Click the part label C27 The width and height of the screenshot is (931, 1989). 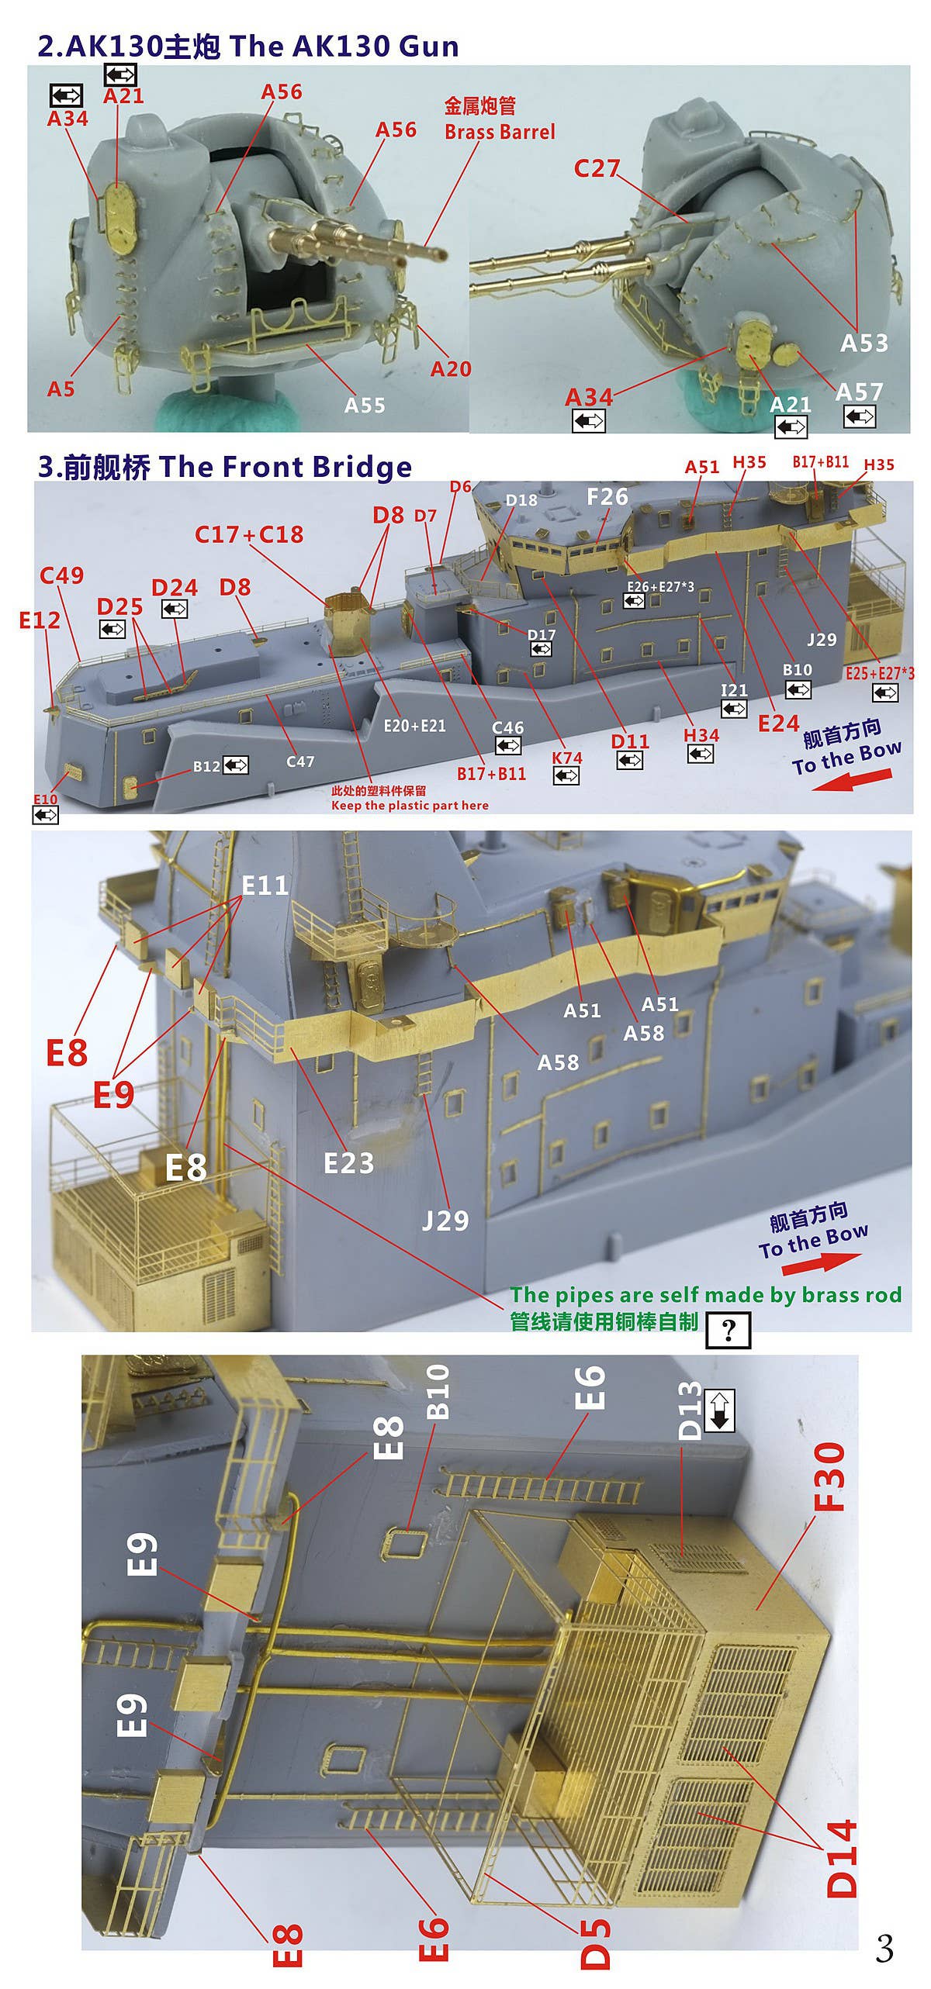point(597,168)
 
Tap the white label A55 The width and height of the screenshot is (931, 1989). point(365,405)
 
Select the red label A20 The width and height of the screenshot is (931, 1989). point(451,369)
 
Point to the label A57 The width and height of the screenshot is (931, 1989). point(859,392)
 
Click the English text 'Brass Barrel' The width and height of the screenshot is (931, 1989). point(500,132)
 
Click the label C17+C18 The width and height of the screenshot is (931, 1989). point(249,534)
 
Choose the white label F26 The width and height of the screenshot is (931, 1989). point(607,496)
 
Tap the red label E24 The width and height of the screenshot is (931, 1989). point(778,723)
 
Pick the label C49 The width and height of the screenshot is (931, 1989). point(61,575)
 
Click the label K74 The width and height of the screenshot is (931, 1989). point(566,758)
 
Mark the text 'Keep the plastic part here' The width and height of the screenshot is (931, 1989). point(410,806)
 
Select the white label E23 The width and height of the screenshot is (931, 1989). point(348,1163)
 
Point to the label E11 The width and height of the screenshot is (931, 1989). point(265,886)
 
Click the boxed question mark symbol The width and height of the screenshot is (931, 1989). point(728,1330)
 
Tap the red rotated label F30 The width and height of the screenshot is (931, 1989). point(830,1477)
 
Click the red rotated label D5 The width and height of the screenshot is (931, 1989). point(596,1943)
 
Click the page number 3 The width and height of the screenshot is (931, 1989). point(884,1948)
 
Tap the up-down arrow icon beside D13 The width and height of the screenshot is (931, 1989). point(719,1410)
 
